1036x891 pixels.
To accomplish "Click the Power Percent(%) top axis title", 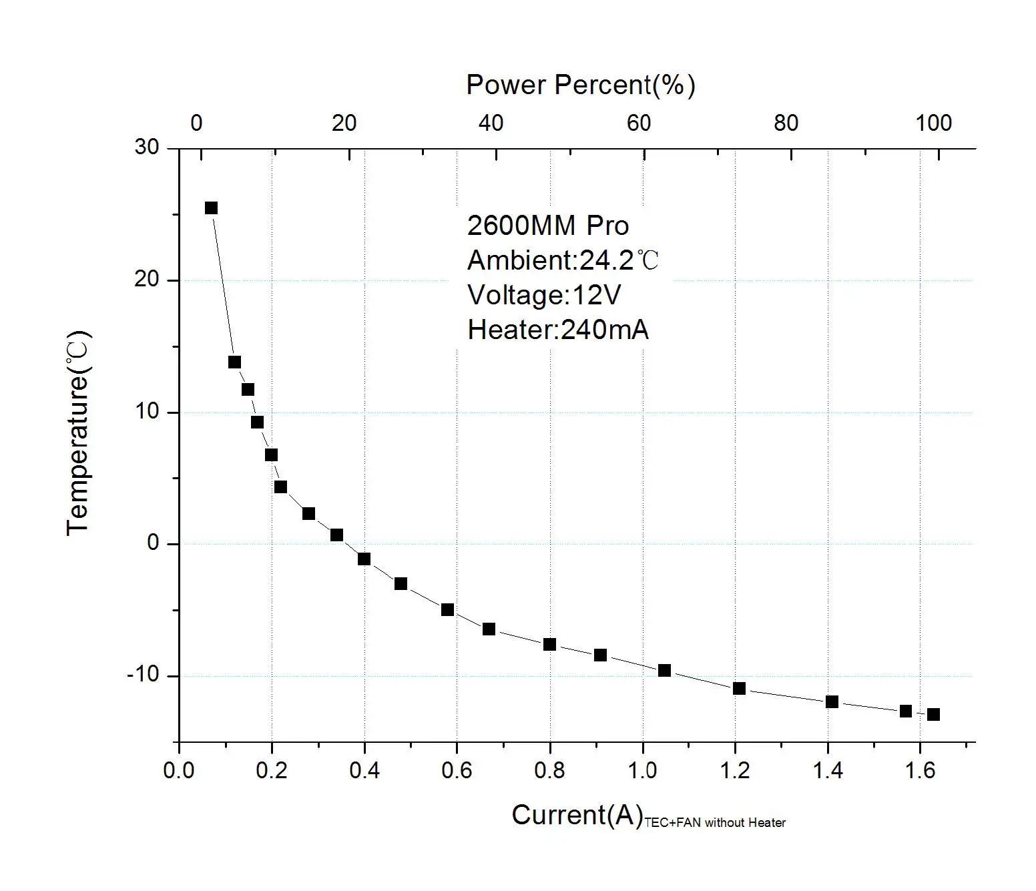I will click(x=580, y=85).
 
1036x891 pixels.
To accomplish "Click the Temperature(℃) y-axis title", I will click(x=78, y=432).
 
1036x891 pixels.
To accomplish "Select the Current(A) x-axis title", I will click(x=577, y=815).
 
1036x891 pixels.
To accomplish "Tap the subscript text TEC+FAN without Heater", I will click(x=715, y=823).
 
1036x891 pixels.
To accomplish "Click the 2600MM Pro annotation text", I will click(x=547, y=226).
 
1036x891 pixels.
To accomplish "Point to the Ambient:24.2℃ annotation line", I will click(x=563, y=260).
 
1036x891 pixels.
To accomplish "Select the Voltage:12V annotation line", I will click(x=544, y=295).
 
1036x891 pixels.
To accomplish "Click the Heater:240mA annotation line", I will click(x=557, y=330).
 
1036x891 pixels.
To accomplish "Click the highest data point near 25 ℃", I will click(x=211, y=208).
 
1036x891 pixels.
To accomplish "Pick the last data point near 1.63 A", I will click(x=933, y=714).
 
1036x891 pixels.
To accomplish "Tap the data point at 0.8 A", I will click(x=549, y=644).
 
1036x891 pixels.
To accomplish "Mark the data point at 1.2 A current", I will click(x=739, y=688).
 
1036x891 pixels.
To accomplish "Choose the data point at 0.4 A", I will click(x=364, y=559).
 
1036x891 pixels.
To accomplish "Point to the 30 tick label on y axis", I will click(x=147, y=147).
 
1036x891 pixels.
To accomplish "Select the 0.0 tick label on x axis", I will click(x=179, y=771).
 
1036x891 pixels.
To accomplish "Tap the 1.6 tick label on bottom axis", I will click(x=920, y=771).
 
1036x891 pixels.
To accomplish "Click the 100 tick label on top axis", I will click(x=933, y=123).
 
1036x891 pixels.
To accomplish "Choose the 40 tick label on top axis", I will click(x=491, y=123).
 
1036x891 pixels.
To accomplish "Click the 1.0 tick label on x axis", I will click(x=642, y=771).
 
